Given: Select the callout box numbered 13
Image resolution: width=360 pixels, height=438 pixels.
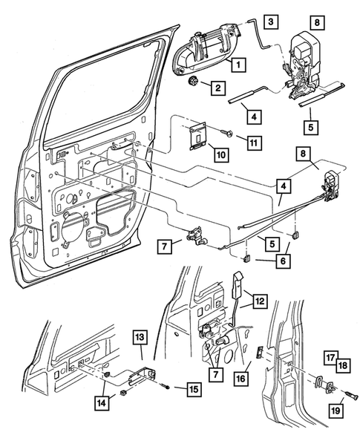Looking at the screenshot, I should click(142, 339).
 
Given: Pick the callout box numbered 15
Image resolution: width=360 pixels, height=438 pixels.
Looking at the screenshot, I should click(193, 388).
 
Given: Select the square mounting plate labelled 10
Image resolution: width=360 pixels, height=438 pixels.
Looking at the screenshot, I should click(197, 137).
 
